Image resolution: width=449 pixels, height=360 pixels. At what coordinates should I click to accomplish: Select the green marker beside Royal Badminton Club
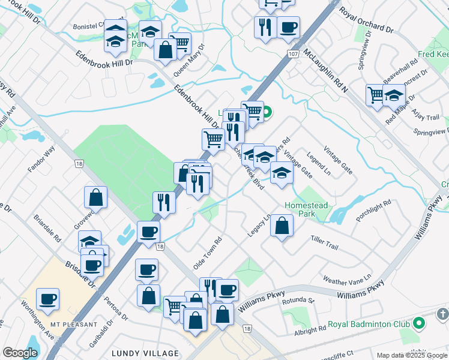coord(420,325)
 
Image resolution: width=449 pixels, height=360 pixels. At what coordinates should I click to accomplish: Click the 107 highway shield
coord(293,55)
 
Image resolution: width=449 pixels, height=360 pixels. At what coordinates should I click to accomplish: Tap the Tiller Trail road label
coord(325,242)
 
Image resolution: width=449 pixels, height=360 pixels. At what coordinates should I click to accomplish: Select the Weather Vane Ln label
coord(347,280)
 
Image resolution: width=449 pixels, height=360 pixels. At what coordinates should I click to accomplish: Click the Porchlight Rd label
coord(373,211)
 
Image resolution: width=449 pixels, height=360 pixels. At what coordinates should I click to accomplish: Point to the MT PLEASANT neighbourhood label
coord(74,324)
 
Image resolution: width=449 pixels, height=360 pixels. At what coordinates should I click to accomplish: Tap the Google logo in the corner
coord(20,353)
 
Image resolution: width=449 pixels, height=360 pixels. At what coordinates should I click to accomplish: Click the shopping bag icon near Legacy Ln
coord(282,226)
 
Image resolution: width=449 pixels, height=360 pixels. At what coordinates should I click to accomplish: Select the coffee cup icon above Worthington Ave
coord(47,299)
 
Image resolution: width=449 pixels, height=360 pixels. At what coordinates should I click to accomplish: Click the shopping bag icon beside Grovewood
coord(95,196)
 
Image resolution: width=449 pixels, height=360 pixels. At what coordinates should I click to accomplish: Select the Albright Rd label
coord(310,328)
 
